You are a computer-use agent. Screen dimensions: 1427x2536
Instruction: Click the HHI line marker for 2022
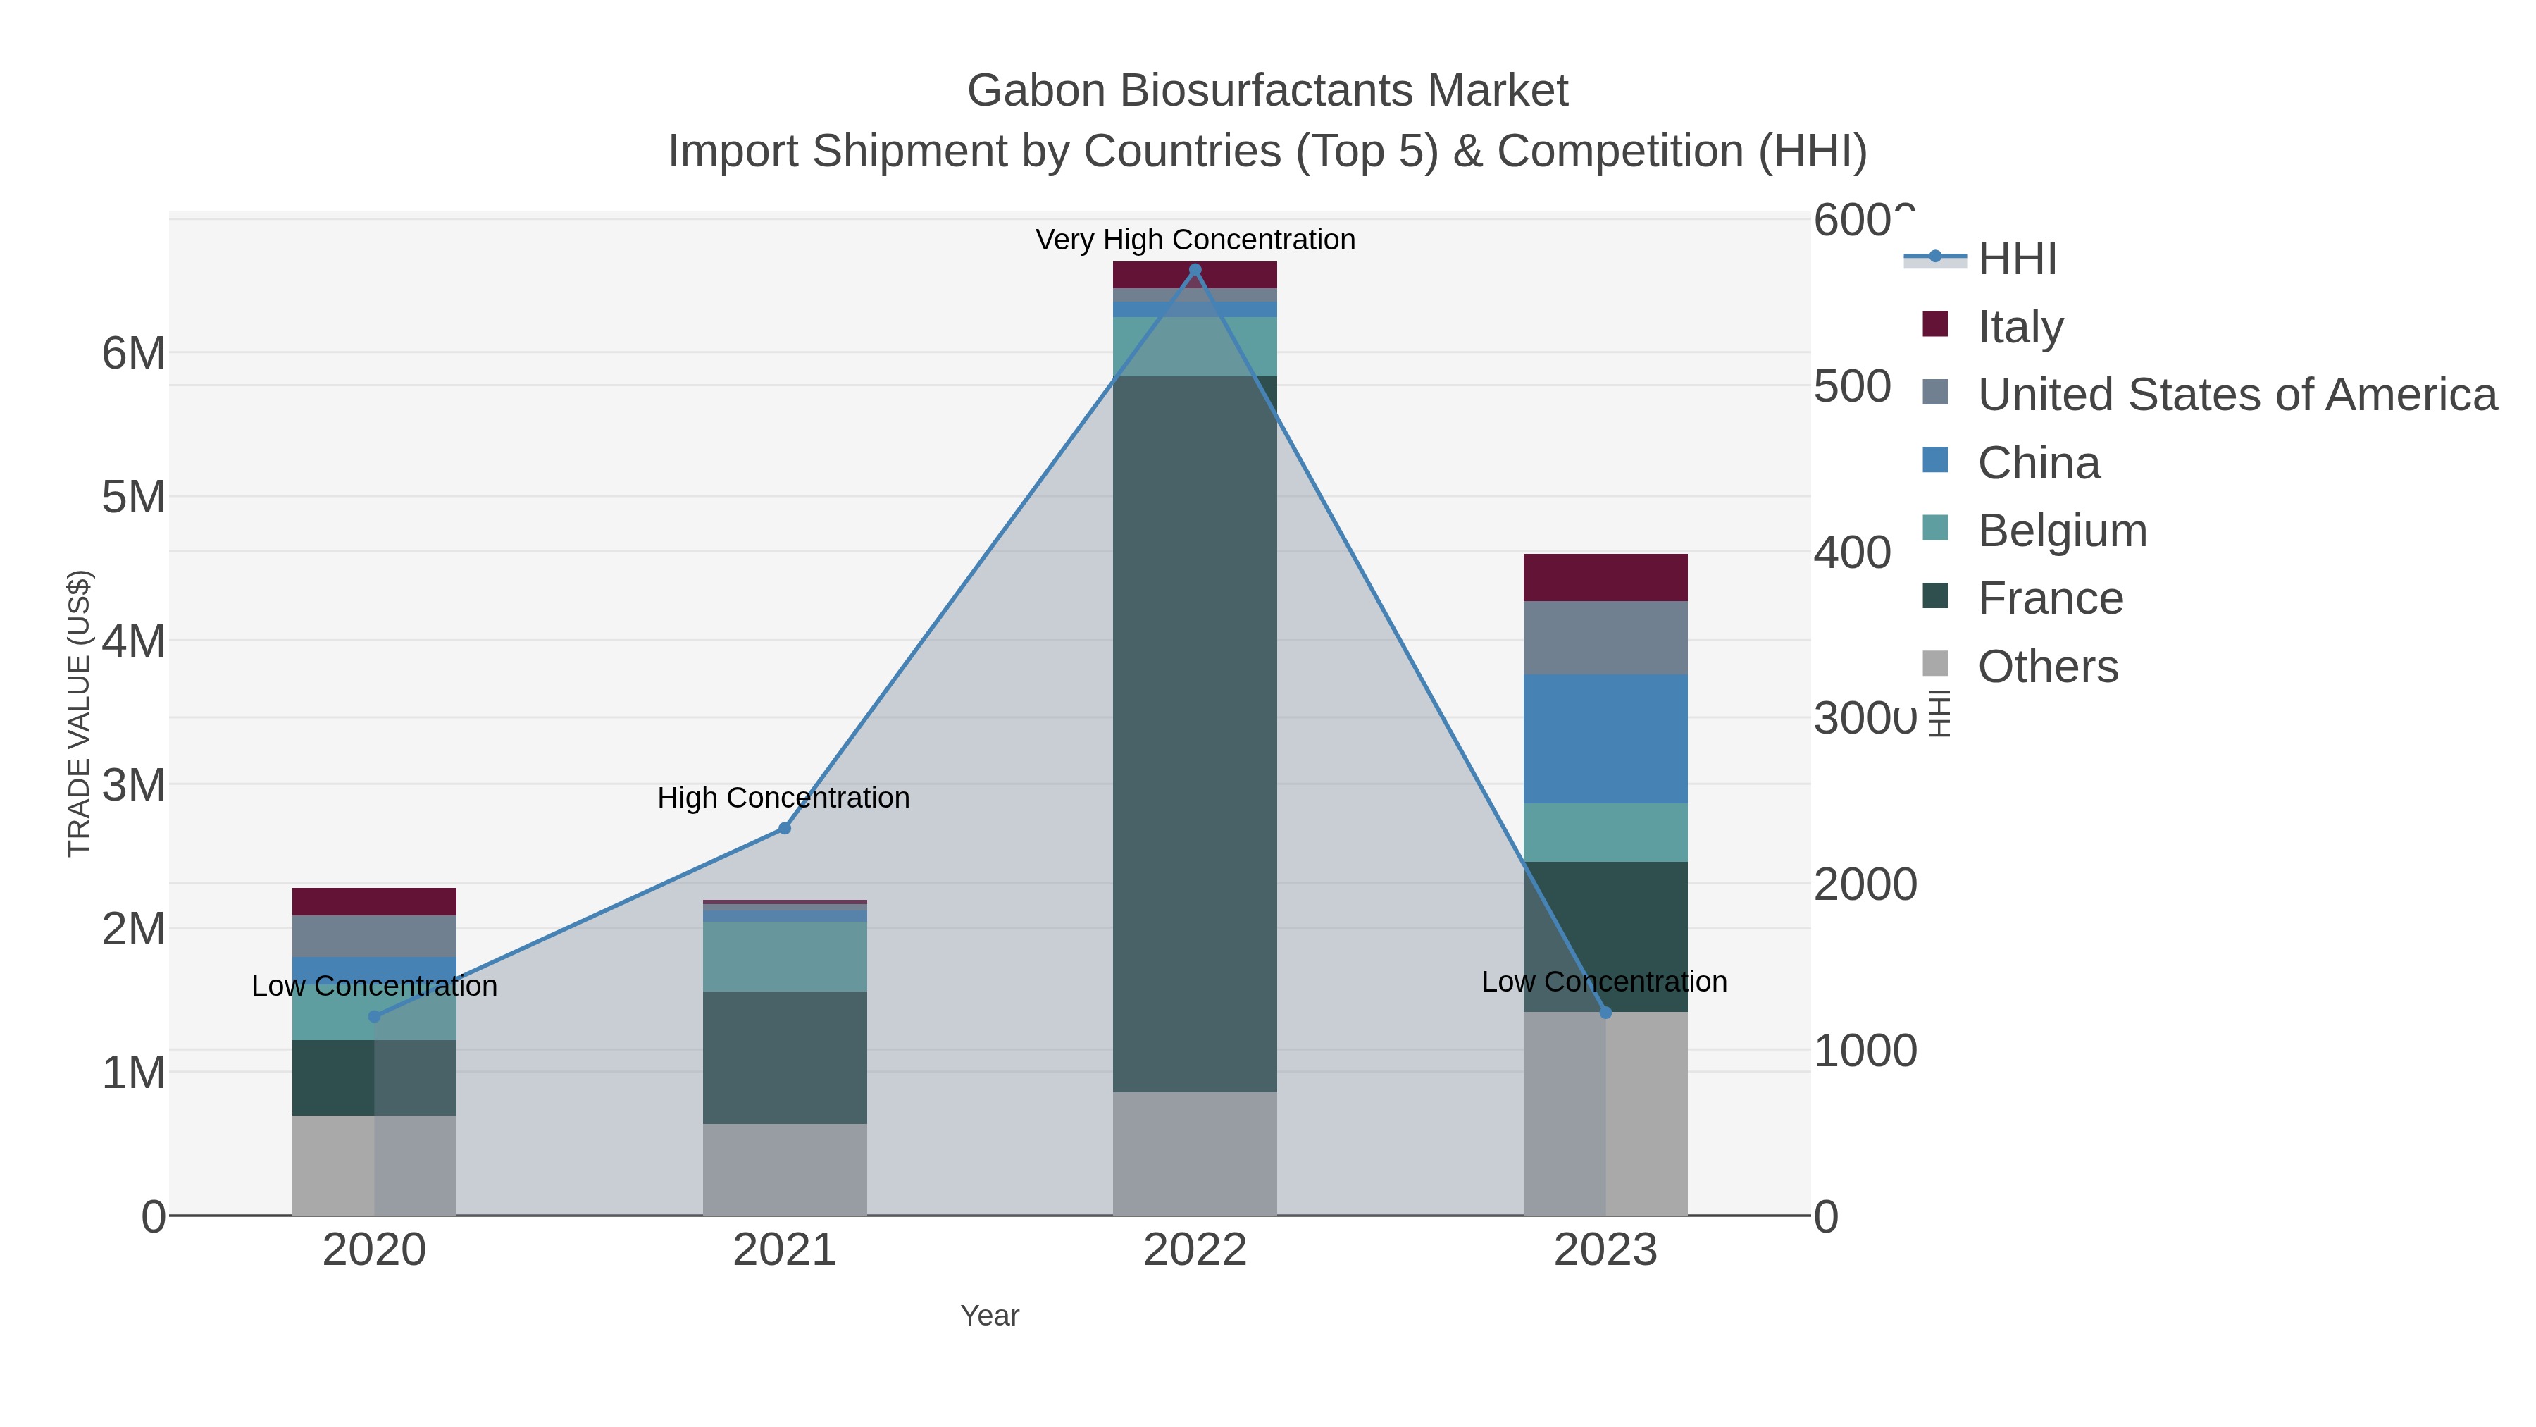pyautogui.click(x=1195, y=270)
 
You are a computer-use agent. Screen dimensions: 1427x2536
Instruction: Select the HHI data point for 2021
pyautogui.click(x=785, y=828)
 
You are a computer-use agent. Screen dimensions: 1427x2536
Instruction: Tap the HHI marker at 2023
pyautogui.click(x=1605, y=1013)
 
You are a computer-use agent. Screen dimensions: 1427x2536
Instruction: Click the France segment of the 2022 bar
pyautogui.click(x=1195, y=734)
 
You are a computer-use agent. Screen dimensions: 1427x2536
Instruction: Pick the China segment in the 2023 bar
pyautogui.click(x=1605, y=739)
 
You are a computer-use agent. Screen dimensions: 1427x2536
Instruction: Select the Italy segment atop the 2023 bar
pyautogui.click(x=1605, y=577)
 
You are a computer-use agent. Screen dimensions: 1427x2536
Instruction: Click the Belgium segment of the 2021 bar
pyautogui.click(x=785, y=956)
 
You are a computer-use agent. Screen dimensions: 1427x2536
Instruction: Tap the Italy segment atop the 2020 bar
pyautogui.click(x=374, y=901)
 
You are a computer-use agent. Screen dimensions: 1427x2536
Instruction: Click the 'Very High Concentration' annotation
pyautogui.click(x=1195, y=240)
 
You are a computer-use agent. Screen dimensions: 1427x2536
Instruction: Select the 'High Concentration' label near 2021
pyautogui.click(x=783, y=798)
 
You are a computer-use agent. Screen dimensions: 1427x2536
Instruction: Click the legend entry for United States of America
pyautogui.click(x=2237, y=395)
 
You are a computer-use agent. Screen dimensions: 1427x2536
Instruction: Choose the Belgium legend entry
pyautogui.click(x=2063, y=531)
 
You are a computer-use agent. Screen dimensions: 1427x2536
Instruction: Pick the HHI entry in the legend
pyautogui.click(x=2018, y=259)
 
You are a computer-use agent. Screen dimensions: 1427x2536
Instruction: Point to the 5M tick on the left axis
pyautogui.click(x=134, y=498)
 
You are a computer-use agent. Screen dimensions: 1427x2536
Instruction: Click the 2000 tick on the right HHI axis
pyautogui.click(x=1865, y=884)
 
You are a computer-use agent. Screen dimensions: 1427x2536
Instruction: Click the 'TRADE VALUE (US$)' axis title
pyautogui.click(x=79, y=713)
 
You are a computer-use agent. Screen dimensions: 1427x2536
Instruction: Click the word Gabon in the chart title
pyautogui.click(x=1036, y=91)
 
